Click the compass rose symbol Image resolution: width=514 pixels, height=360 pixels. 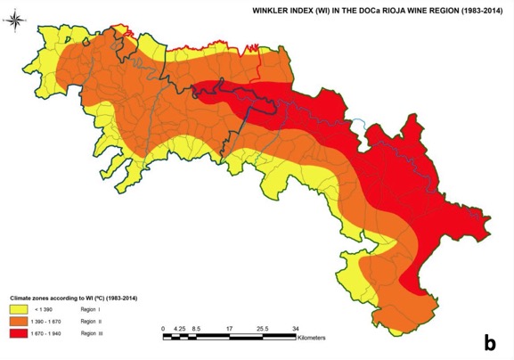pyautogui.click(x=20, y=20)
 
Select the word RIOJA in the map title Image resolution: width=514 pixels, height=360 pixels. pyautogui.click(x=394, y=11)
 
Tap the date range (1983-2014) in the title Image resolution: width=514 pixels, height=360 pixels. pyautogui.click(x=472, y=11)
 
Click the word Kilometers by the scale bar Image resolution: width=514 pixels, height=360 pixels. pyautogui.click(x=313, y=339)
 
